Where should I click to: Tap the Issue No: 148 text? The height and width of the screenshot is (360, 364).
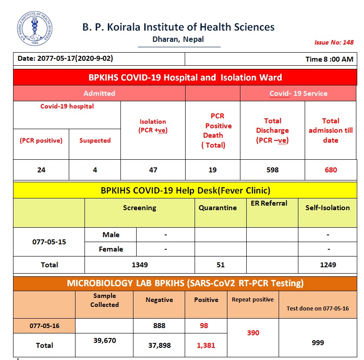[x=333, y=42]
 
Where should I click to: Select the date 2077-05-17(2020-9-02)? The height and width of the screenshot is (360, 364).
[x=65, y=58]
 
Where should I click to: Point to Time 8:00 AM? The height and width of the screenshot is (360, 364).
[x=329, y=59]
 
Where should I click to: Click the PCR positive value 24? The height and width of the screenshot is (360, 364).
[x=41, y=170]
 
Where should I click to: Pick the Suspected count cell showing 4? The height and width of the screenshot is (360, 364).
[x=95, y=170]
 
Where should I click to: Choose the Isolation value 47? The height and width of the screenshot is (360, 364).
[x=153, y=170]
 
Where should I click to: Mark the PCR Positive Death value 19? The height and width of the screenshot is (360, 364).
[x=213, y=170]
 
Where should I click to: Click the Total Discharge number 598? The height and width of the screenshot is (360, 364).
[x=272, y=170]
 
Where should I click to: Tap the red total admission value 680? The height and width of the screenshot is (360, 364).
[x=330, y=170]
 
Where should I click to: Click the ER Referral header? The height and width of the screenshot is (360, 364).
[x=269, y=203]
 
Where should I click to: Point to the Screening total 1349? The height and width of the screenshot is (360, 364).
[x=140, y=265]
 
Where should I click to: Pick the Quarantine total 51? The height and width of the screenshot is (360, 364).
[x=220, y=265]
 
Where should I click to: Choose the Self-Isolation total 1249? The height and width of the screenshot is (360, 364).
[x=328, y=265]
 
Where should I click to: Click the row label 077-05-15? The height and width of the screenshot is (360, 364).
[x=49, y=242]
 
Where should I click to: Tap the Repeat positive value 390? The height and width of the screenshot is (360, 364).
[x=253, y=333]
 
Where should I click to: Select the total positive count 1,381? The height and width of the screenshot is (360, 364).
[x=206, y=345]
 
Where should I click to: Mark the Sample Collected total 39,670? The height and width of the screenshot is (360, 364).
[x=104, y=341]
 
